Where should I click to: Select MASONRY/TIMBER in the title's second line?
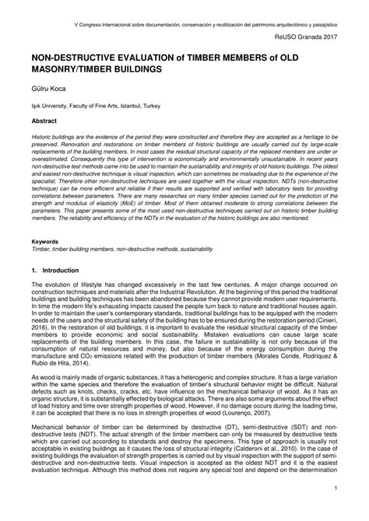tap(74, 69)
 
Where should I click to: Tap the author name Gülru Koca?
tap(48, 90)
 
